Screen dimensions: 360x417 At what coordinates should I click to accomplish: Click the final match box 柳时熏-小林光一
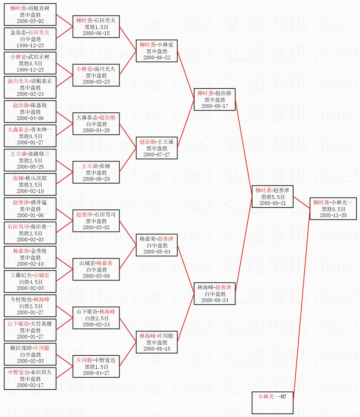click(x=333, y=209)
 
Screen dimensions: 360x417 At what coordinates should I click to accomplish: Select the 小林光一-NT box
click(x=272, y=402)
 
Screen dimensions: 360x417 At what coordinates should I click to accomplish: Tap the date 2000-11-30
click(x=333, y=215)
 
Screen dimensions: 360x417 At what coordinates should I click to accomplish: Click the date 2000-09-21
click(x=272, y=203)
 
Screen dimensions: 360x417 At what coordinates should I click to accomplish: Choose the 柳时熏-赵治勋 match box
click(x=215, y=99)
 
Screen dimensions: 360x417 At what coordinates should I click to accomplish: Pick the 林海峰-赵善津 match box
click(x=215, y=294)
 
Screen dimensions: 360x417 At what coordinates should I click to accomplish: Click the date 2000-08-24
click(x=215, y=300)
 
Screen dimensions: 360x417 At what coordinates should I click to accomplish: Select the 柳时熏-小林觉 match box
click(x=157, y=51)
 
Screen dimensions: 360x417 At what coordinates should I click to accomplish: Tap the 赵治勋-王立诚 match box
click(x=157, y=148)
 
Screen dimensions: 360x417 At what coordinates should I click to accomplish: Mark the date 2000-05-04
click(x=157, y=251)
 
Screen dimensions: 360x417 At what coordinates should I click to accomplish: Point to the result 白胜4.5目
click(x=30, y=282)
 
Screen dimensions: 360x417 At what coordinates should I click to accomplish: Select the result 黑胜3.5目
click(x=30, y=185)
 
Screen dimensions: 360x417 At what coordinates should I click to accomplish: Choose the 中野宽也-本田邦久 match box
click(x=30, y=379)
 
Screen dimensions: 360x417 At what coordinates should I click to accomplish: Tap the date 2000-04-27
click(x=96, y=373)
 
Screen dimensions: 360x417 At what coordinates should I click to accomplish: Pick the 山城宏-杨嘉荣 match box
click(x=96, y=269)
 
